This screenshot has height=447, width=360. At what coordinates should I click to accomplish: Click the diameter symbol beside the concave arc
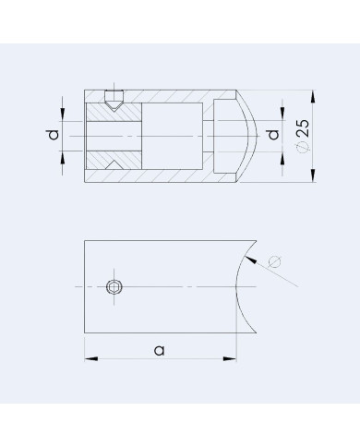[274, 262]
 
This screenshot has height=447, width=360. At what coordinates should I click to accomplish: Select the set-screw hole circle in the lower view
[113, 287]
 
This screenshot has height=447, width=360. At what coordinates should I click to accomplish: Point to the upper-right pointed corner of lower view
[256, 242]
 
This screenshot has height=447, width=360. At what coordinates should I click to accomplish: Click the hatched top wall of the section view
[166, 97]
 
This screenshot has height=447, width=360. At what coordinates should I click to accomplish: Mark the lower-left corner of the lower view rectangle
[85, 333]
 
